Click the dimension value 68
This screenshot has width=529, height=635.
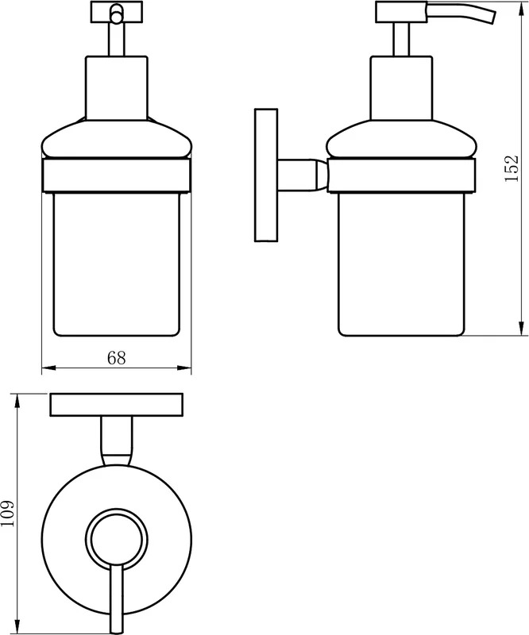pyautogui.click(x=116, y=358)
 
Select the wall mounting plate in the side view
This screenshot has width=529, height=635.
pyautogui.click(x=266, y=175)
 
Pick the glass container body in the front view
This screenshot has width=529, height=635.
pyautogui.click(x=117, y=264)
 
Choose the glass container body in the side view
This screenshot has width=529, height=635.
pyautogui.click(x=401, y=264)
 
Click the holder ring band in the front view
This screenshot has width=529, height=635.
pyautogui.click(x=117, y=176)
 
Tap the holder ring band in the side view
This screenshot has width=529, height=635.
pyautogui.click(x=401, y=176)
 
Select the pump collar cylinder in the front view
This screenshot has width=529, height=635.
pyautogui.click(x=117, y=88)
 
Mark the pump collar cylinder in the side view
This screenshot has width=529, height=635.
pyautogui.click(x=402, y=88)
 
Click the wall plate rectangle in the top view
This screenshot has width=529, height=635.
pyautogui.click(x=116, y=405)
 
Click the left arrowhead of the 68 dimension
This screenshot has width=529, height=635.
pyautogui.click(x=48, y=368)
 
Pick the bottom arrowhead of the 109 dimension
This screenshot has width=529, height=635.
pyautogui.click(x=17, y=627)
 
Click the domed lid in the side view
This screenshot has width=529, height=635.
pyautogui.click(x=401, y=139)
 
